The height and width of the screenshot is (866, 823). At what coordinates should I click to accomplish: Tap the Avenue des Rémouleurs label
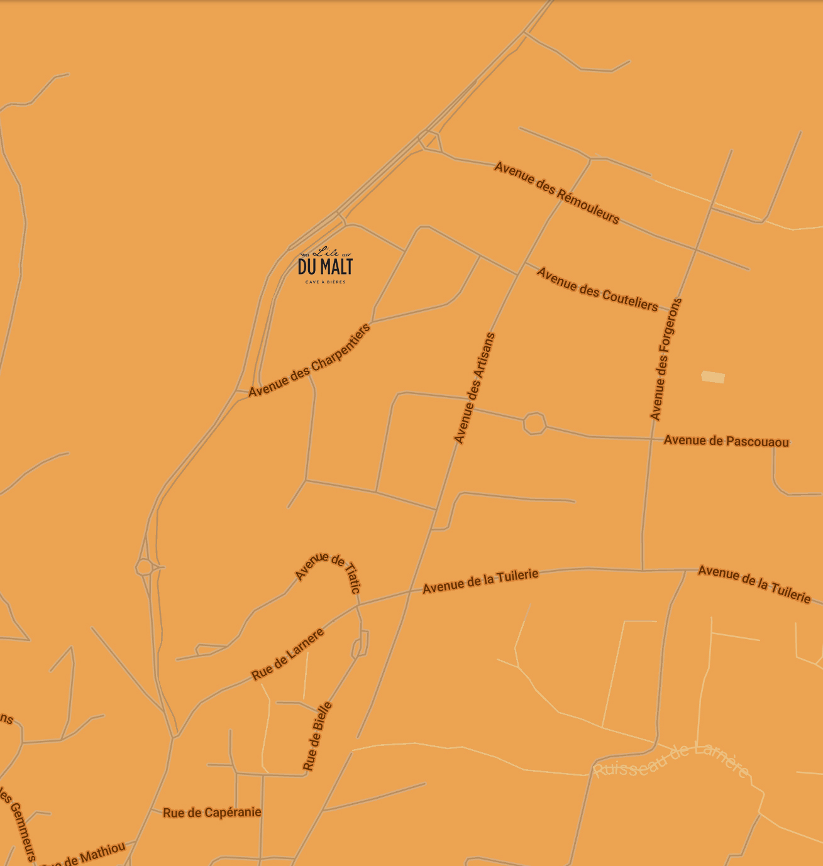pyautogui.click(x=557, y=193)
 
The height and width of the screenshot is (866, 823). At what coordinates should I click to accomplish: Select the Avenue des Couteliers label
pyautogui.click(x=597, y=290)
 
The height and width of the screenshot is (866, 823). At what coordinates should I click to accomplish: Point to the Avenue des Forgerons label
pyautogui.click(x=666, y=359)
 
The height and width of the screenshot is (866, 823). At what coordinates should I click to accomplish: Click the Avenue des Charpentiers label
pyautogui.click(x=309, y=361)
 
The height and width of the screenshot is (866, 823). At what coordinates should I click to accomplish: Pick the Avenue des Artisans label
pyautogui.click(x=475, y=388)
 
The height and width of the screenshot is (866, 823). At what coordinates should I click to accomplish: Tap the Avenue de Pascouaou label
pyautogui.click(x=726, y=441)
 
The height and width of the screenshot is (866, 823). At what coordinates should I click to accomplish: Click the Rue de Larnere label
pyautogui.click(x=288, y=654)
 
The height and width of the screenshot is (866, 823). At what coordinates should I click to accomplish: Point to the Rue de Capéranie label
pyautogui.click(x=212, y=813)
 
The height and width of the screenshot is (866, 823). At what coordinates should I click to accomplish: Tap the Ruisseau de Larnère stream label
pyautogui.click(x=671, y=759)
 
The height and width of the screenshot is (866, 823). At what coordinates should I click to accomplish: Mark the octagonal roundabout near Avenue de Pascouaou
pyautogui.click(x=534, y=423)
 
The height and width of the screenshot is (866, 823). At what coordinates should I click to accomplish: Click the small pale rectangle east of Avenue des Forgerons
pyautogui.click(x=713, y=376)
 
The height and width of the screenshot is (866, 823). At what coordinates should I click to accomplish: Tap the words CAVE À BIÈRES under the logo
pyautogui.click(x=325, y=282)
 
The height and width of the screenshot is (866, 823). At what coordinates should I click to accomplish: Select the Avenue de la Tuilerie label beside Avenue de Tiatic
pyautogui.click(x=480, y=581)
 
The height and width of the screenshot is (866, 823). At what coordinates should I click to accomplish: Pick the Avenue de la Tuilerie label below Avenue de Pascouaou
pyautogui.click(x=754, y=584)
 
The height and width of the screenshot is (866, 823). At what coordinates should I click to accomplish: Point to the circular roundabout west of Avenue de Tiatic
pyautogui.click(x=144, y=567)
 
